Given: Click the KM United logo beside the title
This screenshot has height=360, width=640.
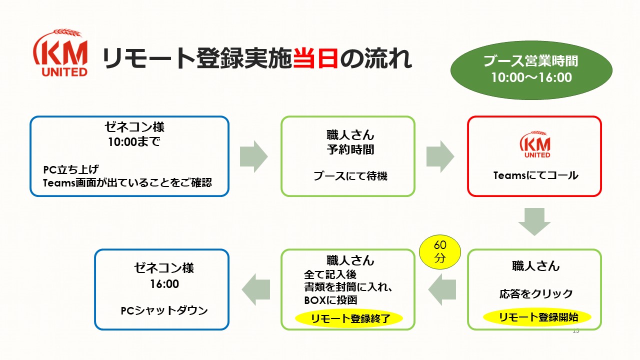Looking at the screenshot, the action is (60, 53).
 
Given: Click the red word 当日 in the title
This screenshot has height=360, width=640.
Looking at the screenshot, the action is (315, 58).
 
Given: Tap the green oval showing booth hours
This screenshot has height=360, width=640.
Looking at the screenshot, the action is (531, 70).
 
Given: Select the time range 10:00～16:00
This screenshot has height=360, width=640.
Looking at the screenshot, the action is (531, 77).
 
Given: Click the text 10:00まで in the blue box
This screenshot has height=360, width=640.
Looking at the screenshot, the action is (134, 141).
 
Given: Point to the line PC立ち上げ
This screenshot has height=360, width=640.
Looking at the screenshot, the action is (71, 169).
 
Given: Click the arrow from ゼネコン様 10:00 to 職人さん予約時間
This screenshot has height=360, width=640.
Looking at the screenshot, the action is (253, 156).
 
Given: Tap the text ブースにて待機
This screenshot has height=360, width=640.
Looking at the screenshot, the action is (350, 176).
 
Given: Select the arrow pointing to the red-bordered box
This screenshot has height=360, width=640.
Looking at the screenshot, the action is (440, 156).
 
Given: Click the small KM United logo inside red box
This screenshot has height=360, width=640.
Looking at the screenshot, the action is (535, 144).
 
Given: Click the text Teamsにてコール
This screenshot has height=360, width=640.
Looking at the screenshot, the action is (535, 175).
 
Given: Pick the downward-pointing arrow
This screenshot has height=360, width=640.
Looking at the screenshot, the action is (534, 221).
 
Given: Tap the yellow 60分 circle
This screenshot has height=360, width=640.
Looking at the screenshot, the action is (440, 252).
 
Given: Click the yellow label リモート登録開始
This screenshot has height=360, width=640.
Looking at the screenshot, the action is (537, 317).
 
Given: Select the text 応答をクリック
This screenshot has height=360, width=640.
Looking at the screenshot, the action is (536, 293).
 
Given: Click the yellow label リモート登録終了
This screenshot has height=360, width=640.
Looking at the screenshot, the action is (349, 318).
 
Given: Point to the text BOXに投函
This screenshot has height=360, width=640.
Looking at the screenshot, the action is (330, 300).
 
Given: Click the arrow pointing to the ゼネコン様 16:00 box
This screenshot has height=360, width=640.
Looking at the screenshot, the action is (256, 289).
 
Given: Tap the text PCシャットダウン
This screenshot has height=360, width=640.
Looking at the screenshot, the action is (164, 310).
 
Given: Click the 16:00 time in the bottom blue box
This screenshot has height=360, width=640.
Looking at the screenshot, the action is (164, 284).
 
